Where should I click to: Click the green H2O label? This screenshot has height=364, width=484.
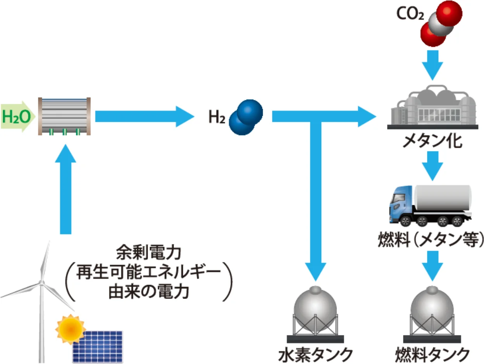point(16,116)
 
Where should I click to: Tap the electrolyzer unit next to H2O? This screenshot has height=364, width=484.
point(64,116)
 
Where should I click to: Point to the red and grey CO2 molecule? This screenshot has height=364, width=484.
point(441,23)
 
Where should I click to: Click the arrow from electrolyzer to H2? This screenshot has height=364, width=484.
point(143,116)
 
